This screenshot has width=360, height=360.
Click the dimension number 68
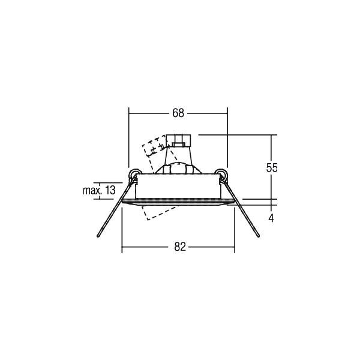pyautogui.click(x=178, y=113)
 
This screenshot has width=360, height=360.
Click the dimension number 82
pyautogui.click(x=178, y=246)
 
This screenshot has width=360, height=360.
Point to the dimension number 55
pyautogui.click(x=272, y=168)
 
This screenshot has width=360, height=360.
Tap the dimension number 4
pyautogui.click(x=271, y=218)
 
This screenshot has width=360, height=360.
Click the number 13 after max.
pyautogui.click(x=110, y=191)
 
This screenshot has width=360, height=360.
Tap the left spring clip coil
pyautogui.click(x=133, y=175)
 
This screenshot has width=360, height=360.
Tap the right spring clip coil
pyautogui.click(x=223, y=175)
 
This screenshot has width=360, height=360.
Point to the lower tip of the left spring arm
pyautogui.click(x=97, y=238)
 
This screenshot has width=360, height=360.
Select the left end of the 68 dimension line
pyautogui.click(x=129, y=113)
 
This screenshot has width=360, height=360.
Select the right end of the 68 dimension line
pyautogui.click(x=227, y=113)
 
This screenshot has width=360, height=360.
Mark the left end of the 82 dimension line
pyautogui.click(x=122, y=246)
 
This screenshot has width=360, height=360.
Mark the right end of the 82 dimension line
pyautogui.click(x=235, y=246)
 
